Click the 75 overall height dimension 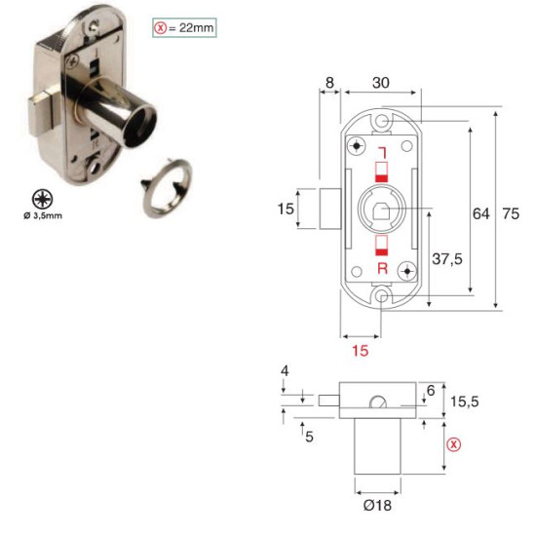tap(511, 213)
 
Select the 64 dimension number tap(481, 213)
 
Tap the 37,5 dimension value tap(447, 259)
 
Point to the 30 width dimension tap(380, 83)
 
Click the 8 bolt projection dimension tap(329, 83)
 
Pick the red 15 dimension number tap(361, 351)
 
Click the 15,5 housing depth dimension tap(464, 402)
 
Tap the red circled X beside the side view tap(454, 444)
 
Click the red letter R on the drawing tap(383, 268)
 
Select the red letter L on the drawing tap(383, 153)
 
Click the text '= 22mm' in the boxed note tap(191, 27)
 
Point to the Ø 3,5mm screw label tap(43, 215)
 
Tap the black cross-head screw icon tap(42, 199)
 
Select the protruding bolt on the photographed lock tap(40, 114)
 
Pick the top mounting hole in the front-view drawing tap(382, 122)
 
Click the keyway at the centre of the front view tap(381, 211)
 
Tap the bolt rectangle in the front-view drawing tap(329, 209)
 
